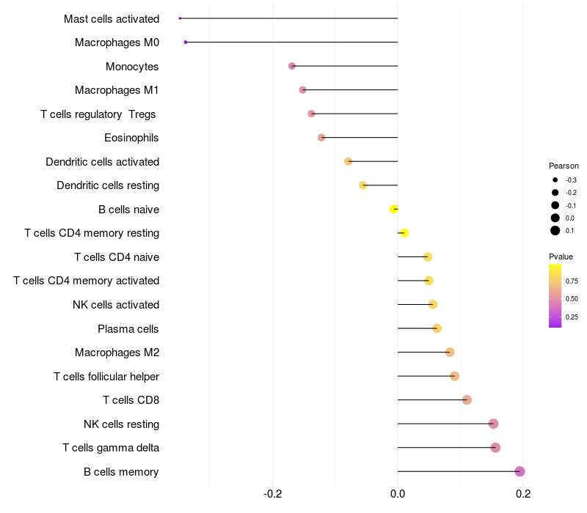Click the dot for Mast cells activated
[x=180, y=18]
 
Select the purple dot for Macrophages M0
[x=186, y=43]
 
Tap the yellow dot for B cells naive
[x=395, y=209]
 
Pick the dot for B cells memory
[x=520, y=471]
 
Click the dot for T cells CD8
[x=467, y=399]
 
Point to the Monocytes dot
[x=292, y=66]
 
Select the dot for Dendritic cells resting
[x=363, y=185]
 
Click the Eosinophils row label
[x=131, y=138]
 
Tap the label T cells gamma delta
[x=111, y=448]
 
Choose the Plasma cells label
[x=128, y=328]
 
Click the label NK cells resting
[x=121, y=424]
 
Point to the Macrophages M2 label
[x=117, y=353]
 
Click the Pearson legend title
[x=564, y=166]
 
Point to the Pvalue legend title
[x=561, y=256]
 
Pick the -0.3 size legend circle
[x=555, y=180]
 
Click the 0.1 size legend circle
[x=555, y=231]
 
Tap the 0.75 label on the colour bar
[x=572, y=281]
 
